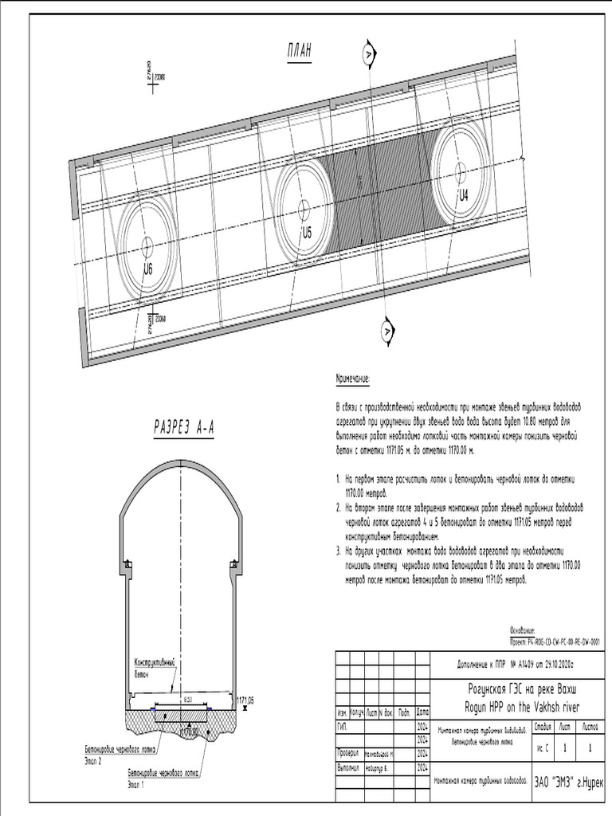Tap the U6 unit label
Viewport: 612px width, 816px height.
[x=147, y=269]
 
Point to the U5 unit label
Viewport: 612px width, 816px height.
[x=306, y=233]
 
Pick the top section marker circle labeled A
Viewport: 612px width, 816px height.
[x=367, y=53]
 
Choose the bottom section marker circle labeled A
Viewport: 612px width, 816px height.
[x=386, y=328]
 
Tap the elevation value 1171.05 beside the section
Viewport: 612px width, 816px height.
[x=245, y=700]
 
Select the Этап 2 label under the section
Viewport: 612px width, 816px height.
[x=94, y=761]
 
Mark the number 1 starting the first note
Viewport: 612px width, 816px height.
[x=338, y=481]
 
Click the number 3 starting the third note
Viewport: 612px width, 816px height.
[x=338, y=551]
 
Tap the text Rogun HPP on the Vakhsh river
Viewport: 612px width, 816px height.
[x=521, y=706]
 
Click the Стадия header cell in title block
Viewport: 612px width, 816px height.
[x=543, y=725]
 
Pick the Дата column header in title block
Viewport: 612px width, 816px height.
[x=422, y=712]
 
